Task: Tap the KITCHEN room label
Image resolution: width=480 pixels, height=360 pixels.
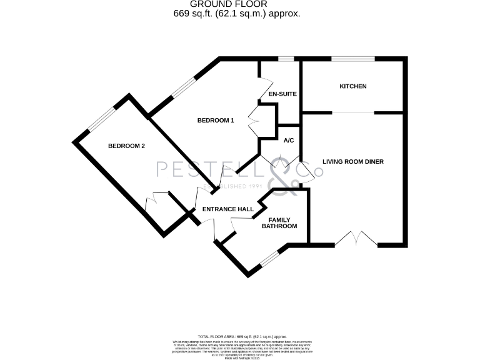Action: pyautogui.click(x=352, y=86)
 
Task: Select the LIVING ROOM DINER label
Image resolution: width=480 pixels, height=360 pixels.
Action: pyautogui.click(x=352, y=161)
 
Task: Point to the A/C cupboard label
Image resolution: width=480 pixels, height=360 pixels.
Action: pyautogui.click(x=289, y=141)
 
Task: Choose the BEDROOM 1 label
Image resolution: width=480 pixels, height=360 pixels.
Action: pyautogui.click(x=216, y=121)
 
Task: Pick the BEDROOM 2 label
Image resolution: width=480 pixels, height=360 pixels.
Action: pyautogui.click(x=126, y=146)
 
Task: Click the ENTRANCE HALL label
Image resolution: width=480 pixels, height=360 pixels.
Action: pyautogui.click(x=227, y=209)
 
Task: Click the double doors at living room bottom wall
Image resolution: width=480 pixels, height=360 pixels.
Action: pyautogui.click(x=357, y=239)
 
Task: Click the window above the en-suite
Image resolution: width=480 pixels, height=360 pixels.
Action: pyautogui.click(x=286, y=59)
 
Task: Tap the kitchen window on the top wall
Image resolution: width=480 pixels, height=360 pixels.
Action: pyautogui.click(x=353, y=59)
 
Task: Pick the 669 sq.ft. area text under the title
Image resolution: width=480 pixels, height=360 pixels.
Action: pyautogui.click(x=237, y=13)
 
